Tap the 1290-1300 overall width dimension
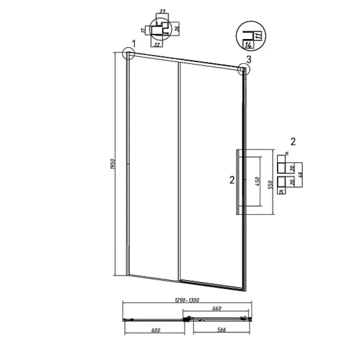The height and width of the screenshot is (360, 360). coord(187,300)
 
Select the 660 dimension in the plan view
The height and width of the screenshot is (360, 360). coord(216,309)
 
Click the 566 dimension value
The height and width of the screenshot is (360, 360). coord(218,330)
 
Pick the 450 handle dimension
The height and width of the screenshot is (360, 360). coord(257,180)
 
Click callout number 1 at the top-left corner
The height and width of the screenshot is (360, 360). coord(134,44)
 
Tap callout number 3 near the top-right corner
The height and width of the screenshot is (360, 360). coord(248,59)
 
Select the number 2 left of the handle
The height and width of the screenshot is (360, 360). coord(231,180)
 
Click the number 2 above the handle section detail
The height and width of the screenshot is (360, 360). coord(293,141)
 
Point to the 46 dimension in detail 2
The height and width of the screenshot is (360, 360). coord(299,175)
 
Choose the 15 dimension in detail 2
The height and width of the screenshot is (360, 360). coord(281,191)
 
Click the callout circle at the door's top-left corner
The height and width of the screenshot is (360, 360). coord(128,53)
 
